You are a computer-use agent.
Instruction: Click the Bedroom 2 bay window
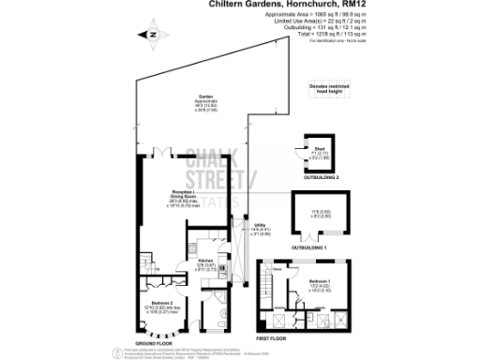157,333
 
